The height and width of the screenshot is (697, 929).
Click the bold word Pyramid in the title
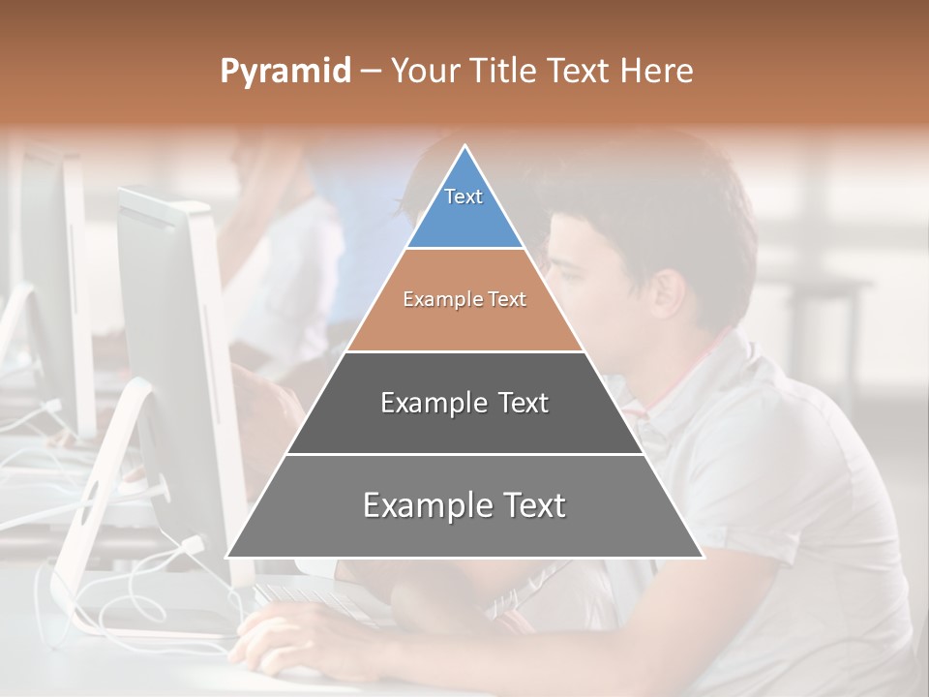click(x=285, y=72)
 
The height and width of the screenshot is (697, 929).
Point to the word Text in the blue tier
click(x=464, y=197)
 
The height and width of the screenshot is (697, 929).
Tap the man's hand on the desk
click(x=290, y=634)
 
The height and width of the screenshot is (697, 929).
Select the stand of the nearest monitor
click(x=97, y=513)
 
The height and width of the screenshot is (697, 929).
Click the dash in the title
click(x=371, y=72)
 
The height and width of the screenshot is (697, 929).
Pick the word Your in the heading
click(x=424, y=72)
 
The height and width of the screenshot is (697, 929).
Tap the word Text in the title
click(x=580, y=72)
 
